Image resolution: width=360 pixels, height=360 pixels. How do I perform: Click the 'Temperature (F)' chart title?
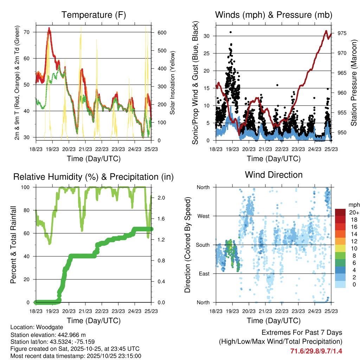[94, 15]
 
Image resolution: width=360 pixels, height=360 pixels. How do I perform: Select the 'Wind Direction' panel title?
[274, 175]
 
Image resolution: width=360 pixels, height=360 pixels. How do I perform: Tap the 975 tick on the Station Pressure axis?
[342, 33]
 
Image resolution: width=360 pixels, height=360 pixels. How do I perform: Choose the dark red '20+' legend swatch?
[340, 212]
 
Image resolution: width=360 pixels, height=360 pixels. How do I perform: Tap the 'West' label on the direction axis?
[203, 216]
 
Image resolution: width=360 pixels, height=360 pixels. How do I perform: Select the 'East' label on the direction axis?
[204, 274]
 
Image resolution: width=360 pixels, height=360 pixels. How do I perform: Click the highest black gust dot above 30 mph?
[231, 32]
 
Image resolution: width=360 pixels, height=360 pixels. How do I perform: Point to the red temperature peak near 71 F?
[49, 28]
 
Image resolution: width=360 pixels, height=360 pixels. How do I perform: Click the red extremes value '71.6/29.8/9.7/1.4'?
[316, 351]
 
